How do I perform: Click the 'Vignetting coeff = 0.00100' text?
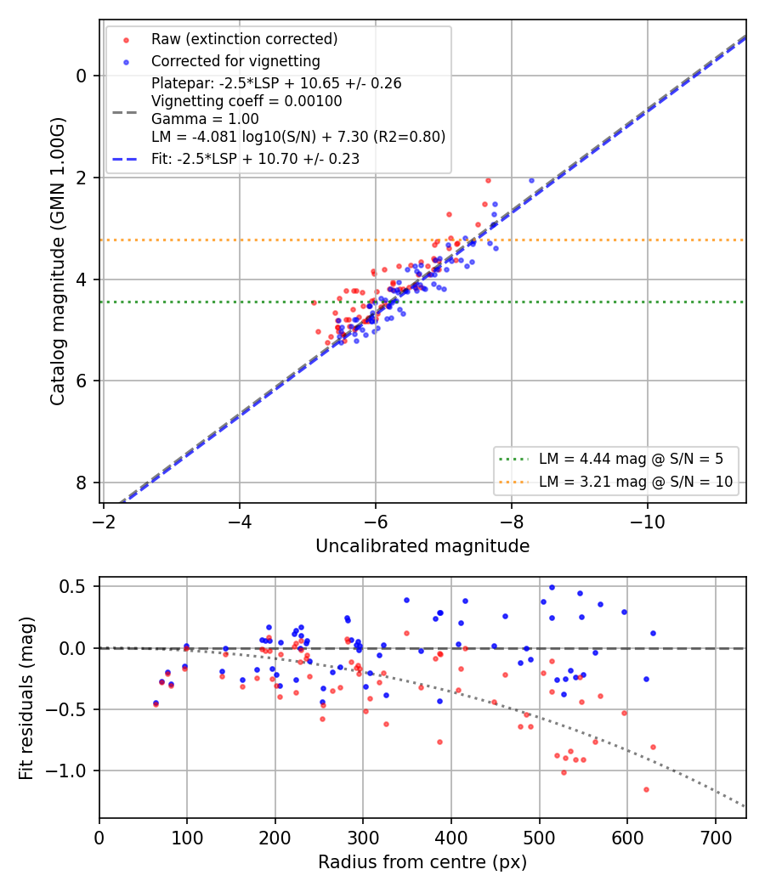tap(246, 101)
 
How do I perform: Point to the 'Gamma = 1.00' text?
tap(205, 119)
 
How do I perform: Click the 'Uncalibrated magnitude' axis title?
tap(422, 546)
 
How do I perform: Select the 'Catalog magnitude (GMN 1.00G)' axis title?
tap(58, 262)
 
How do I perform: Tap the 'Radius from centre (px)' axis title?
tap(422, 862)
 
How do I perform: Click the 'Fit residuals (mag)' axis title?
tap(26, 698)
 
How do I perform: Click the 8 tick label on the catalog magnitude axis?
tap(82, 483)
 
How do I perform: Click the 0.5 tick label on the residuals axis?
tap(73, 586)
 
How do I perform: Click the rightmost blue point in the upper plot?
tap(531, 180)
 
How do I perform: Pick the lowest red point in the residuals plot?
tap(646, 789)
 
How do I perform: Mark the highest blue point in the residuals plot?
tap(552, 587)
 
